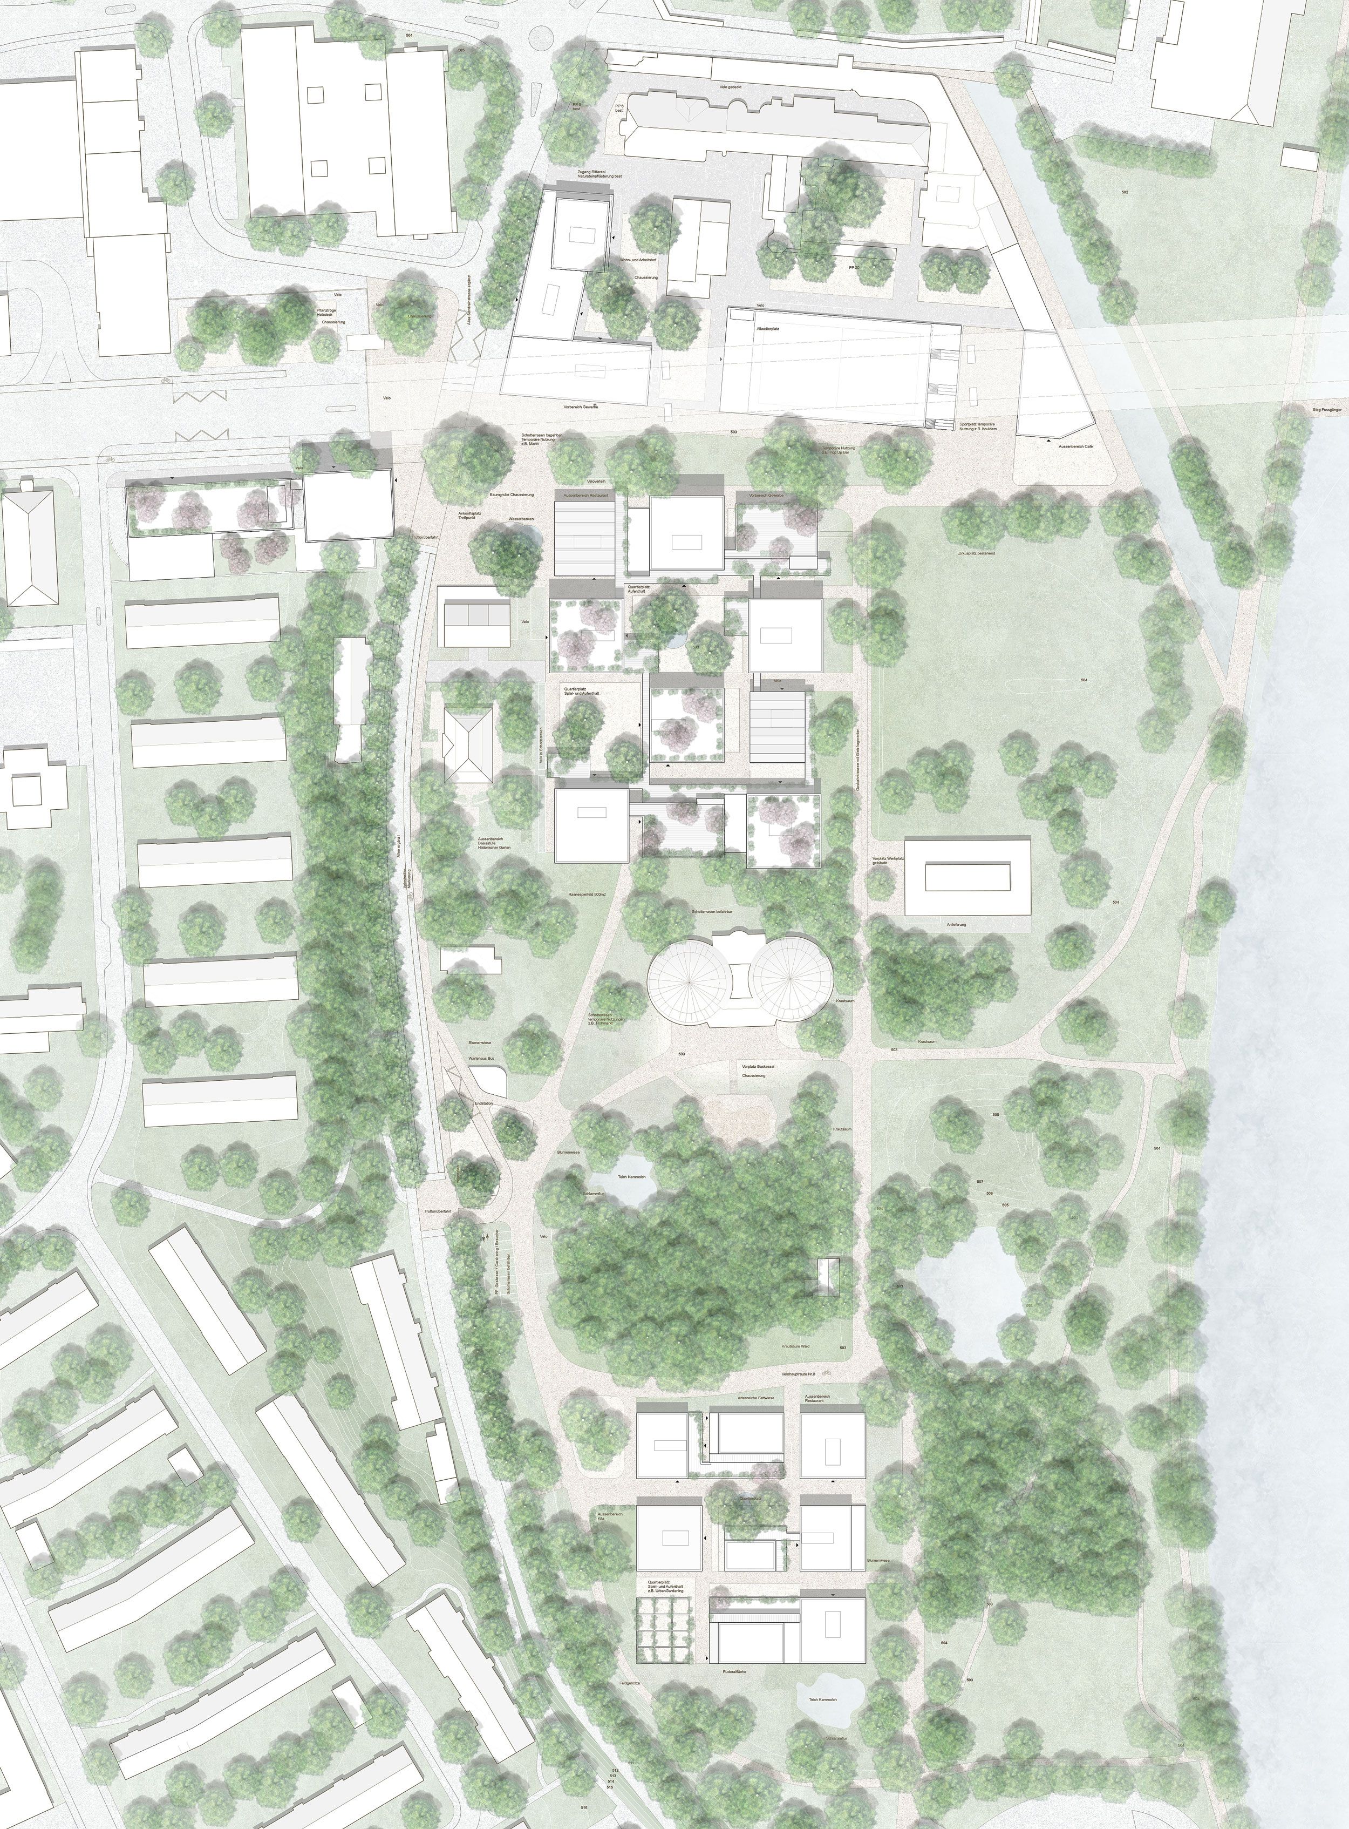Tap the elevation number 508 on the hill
coord(996,1114)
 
